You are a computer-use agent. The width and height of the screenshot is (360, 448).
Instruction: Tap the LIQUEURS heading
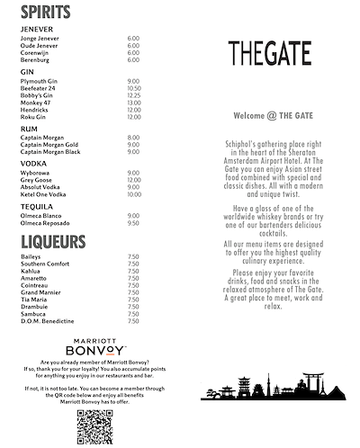click(x=53, y=242)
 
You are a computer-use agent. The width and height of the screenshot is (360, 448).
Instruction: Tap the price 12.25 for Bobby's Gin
click(x=134, y=95)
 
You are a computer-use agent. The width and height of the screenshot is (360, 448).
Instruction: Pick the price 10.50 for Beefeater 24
click(x=134, y=88)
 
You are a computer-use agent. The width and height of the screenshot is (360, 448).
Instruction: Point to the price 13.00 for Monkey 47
click(x=134, y=103)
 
